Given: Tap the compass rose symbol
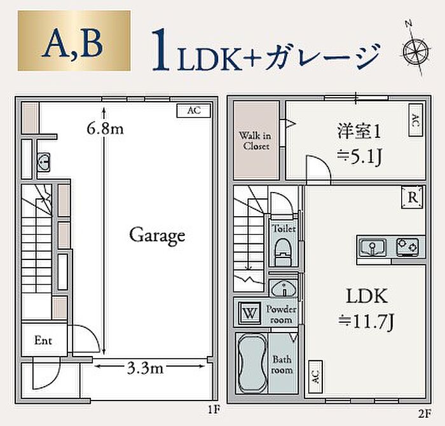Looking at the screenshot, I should click(416, 49).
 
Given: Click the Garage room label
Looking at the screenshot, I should click(157, 235).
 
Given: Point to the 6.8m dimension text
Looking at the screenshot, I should click(105, 129).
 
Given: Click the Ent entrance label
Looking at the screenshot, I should click(43, 341).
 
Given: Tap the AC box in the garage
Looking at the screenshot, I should click(193, 111).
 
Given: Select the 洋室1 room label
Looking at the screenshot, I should click(359, 132).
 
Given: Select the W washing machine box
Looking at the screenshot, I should click(248, 313).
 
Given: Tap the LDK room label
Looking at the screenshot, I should click(366, 296).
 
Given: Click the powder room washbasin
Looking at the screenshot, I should click(282, 289).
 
